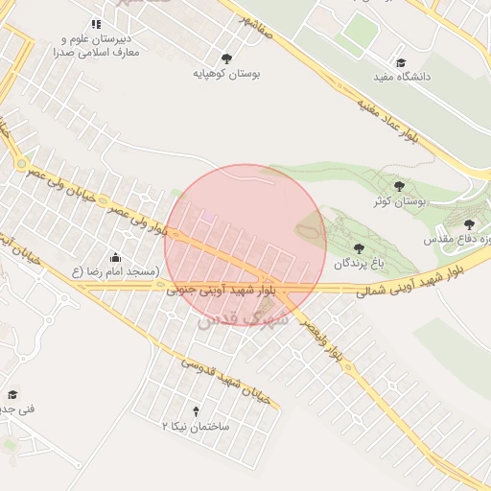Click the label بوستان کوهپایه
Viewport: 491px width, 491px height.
tap(227, 73)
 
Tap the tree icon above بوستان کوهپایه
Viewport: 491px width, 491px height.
tap(226, 58)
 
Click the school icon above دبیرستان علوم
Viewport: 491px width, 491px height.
tap(96, 24)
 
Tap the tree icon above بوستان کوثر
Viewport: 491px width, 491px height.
tap(400, 186)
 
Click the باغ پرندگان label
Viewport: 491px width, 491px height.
tap(358, 262)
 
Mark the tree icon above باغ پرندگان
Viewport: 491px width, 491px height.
tap(359, 247)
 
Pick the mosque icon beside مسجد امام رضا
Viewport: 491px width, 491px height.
tap(116, 257)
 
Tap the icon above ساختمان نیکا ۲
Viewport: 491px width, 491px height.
tap(197, 410)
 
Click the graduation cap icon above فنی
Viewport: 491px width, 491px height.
tap(12, 394)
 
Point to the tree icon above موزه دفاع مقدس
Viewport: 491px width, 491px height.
tap(469, 224)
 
